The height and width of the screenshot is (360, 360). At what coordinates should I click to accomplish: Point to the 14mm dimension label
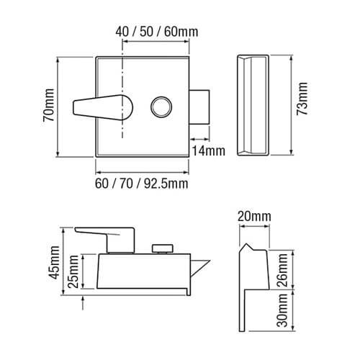(x=208, y=150)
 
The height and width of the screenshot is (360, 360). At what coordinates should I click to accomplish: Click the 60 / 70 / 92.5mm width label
(x=141, y=184)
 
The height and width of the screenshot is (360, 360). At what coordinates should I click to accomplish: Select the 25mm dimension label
(x=72, y=271)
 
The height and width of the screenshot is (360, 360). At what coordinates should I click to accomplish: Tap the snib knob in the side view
(x=162, y=248)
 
